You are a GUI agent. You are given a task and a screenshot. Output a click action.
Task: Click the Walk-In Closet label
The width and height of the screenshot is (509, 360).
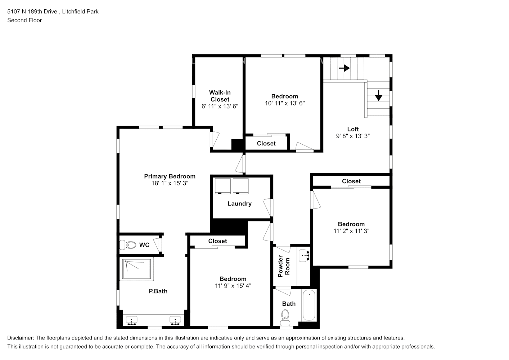coord(220,96)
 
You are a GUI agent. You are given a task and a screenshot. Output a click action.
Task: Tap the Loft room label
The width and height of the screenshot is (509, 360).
coord(353,129)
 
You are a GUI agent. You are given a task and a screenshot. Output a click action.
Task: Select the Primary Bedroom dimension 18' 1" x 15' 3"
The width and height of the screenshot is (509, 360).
coord(170,183)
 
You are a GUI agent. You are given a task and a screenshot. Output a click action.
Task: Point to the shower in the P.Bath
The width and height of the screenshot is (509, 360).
coord(137,269)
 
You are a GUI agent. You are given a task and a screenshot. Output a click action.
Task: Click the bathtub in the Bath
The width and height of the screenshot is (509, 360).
coord(309,306)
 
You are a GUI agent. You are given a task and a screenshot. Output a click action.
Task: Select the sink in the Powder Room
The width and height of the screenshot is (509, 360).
coord(305,256)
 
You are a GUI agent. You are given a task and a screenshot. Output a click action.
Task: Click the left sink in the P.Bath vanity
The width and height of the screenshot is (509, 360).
coord(132,320)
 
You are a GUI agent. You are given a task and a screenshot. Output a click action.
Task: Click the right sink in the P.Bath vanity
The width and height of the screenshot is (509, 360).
coord(175,320)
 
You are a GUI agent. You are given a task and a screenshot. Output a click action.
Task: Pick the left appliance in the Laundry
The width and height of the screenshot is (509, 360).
coord(222,186)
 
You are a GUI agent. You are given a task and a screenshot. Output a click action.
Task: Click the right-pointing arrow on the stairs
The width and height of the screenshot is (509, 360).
coord(344,68)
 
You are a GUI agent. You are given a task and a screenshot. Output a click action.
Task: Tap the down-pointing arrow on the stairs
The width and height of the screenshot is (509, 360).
coord(378,95)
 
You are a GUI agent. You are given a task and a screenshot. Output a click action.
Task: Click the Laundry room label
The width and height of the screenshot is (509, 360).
coord(239,204)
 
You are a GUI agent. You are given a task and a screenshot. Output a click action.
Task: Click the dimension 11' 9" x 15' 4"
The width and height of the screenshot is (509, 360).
coord(233,286)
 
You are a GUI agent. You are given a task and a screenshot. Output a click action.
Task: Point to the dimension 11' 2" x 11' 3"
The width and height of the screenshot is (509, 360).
coord(351,231)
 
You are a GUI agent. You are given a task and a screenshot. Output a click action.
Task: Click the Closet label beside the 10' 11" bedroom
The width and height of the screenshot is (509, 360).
coord(266,144)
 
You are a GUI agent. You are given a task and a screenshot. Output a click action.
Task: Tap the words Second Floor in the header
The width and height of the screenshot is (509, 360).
coord(24,20)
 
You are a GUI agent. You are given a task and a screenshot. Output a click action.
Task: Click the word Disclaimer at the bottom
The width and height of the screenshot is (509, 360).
coord(20,338)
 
